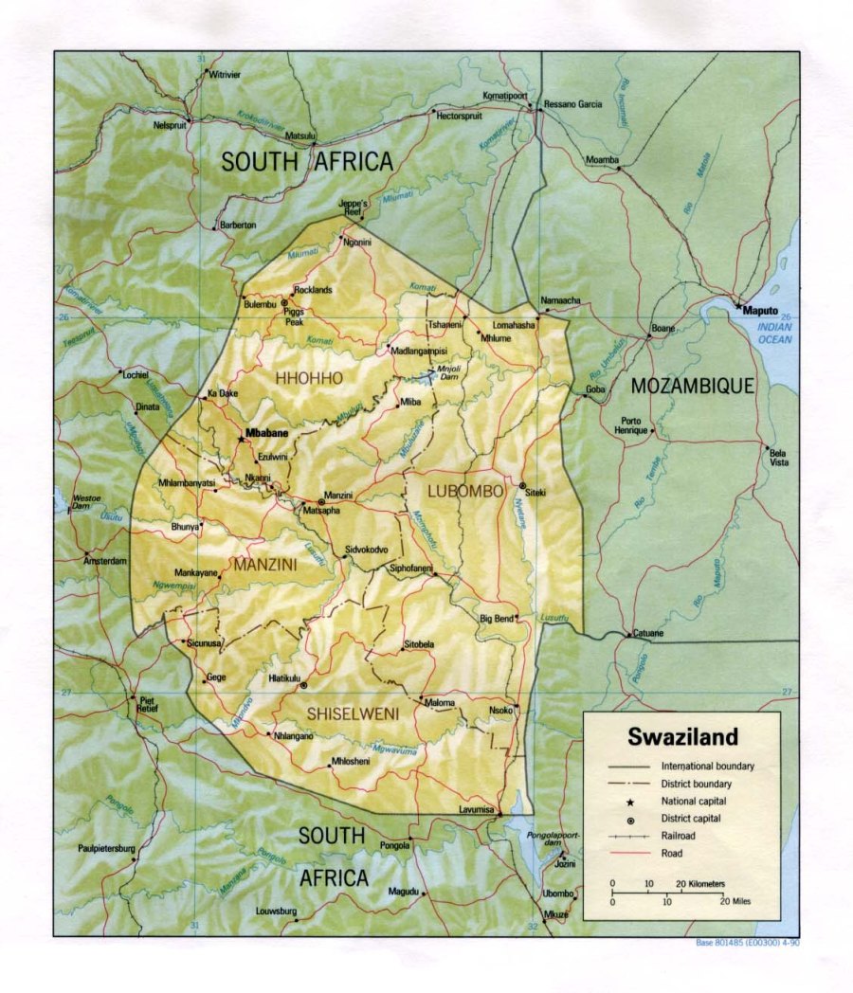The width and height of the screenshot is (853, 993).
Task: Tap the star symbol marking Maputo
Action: pyautogui.click(x=737, y=305)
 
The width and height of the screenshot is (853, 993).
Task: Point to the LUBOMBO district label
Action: pyautogui.click(x=464, y=491)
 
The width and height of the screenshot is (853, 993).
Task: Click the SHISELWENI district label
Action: pyautogui.click(x=352, y=712)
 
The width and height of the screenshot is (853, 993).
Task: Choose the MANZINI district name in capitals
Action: pyautogui.click(x=265, y=565)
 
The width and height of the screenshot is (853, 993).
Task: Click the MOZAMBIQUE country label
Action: pyautogui.click(x=693, y=386)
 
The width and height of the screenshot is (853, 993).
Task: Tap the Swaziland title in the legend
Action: pyautogui.click(x=681, y=737)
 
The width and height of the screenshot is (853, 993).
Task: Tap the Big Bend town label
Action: pyautogui.click(x=496, y=619)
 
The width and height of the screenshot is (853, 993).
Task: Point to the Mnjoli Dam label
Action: pyautogui.click(x=447, y=372)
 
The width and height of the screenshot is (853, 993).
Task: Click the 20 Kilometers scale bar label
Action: pyautogui.click(x=702, y=883)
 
